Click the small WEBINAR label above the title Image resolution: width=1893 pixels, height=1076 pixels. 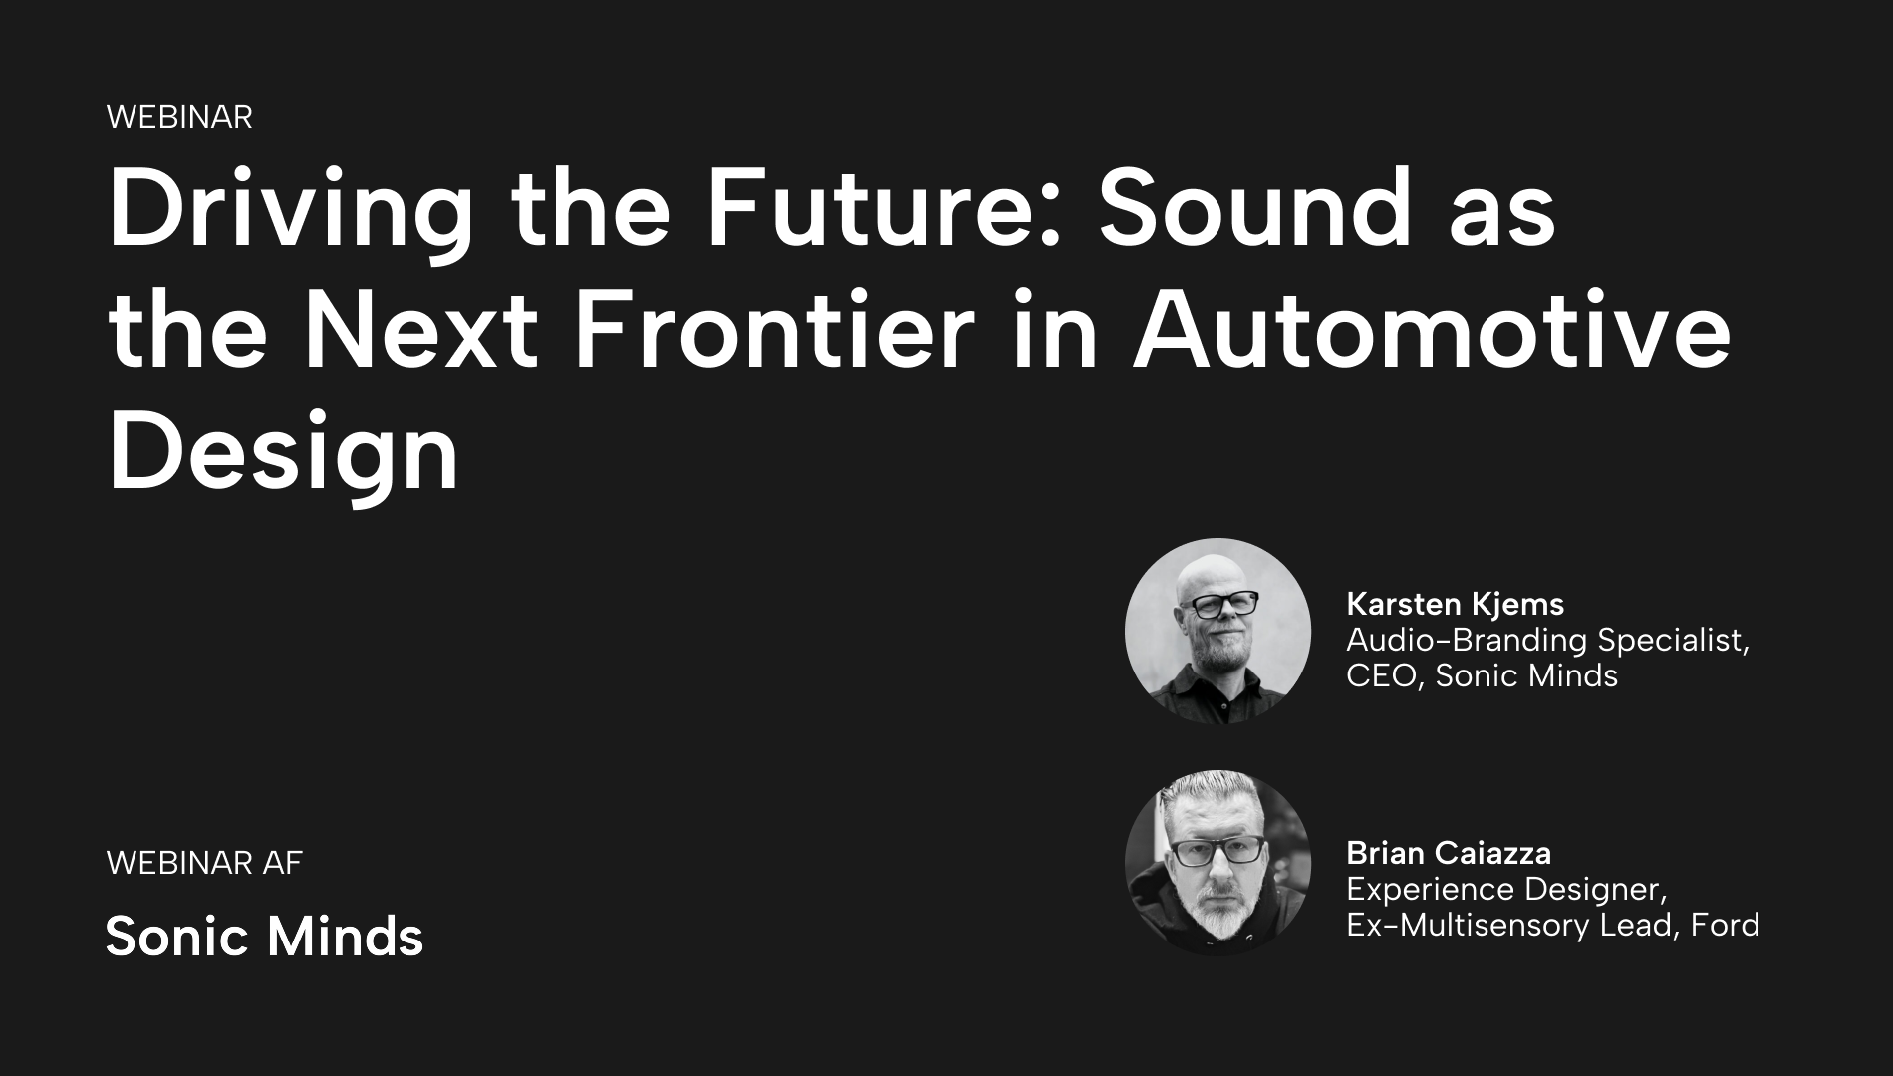(x=179, y=117)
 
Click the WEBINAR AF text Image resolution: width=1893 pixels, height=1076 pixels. (x=204, y=863)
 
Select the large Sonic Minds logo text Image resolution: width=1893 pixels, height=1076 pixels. (x=265, y=937)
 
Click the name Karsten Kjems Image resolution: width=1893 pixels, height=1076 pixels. (x=1455, y=604)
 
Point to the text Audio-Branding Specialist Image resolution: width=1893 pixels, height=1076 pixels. (x=1547, y=640)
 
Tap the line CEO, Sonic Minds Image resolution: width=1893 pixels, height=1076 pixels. (x=1482, y=676)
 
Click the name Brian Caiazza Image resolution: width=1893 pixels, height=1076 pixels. (x=1449, y=853)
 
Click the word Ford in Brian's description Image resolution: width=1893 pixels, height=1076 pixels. (x=1725, y=926)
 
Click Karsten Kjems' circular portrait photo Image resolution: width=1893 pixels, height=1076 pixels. (x=1217, y=632)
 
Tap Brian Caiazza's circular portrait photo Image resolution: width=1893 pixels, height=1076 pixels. (x=1217, y=863)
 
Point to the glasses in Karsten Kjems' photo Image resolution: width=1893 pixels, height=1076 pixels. (x=1217, y=605)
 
